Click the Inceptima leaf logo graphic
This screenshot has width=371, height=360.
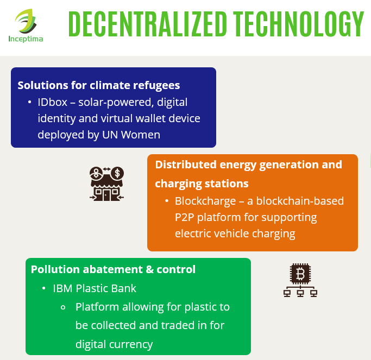[x=26, y=21]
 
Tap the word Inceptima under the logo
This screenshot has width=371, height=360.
[x=26, y=39]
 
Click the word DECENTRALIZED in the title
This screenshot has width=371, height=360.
[x=148, y=24]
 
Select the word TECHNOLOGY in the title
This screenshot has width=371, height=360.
[x=298, y=24]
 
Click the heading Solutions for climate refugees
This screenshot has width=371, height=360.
[x=99, y=85]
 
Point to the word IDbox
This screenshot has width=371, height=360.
[x=53, y=102]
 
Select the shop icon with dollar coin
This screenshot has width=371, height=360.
[x=106, y=184]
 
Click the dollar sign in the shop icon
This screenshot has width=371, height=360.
[x=117, y=173]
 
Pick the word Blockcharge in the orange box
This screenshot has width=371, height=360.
[x=205, y=201]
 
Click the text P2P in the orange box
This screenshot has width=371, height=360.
[x=184, y=217]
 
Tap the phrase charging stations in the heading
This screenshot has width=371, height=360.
[x=202, y=184]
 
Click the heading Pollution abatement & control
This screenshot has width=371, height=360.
[x=113, y=269]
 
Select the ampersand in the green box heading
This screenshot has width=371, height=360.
[x=150, y=269]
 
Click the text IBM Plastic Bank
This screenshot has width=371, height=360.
[x=95, y=288]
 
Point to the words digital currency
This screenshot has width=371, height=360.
[x=114, y=345]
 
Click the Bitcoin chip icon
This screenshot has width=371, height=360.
[x=300, y=280]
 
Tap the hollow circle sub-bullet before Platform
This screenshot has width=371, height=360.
[x=63, y=307]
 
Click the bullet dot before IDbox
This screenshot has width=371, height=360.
[x=29, y=102]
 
